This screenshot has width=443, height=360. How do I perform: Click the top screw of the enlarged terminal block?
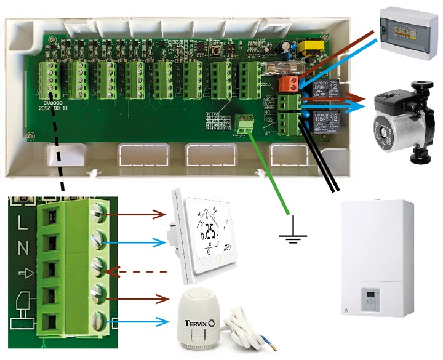click(101, 212)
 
